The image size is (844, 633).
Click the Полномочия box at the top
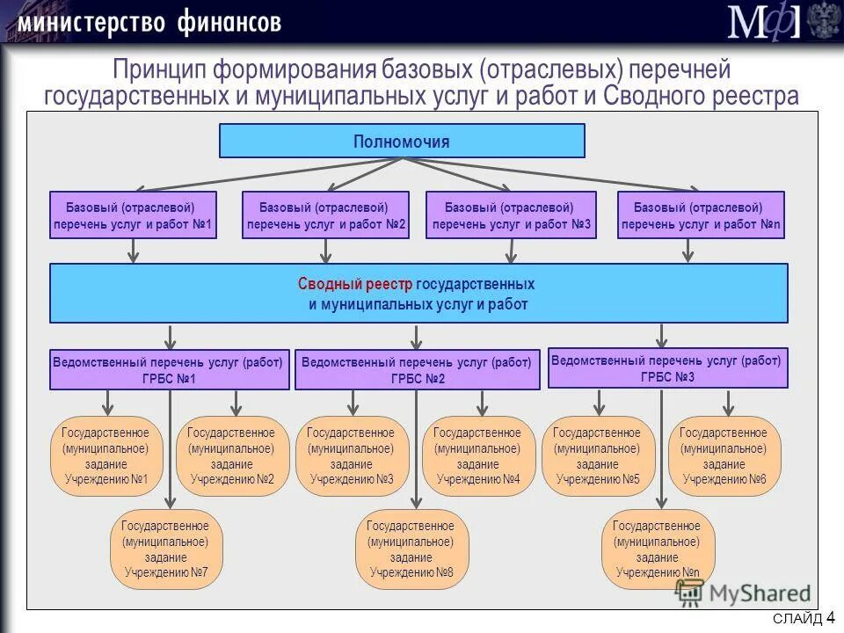pos(401,141)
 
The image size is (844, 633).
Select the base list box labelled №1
pos(133,215)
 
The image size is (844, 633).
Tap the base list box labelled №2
pos(325,215)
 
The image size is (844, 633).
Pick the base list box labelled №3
pos(510,215)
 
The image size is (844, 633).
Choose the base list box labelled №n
pos(701,215)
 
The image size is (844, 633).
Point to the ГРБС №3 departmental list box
pos(668,367)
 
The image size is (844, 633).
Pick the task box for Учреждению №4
pos(478,456)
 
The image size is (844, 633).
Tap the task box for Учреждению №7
pos(166,549)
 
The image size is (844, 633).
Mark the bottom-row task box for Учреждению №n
pos(658,549)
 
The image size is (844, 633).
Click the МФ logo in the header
pos(763,21)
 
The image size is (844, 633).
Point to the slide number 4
pos(831,617)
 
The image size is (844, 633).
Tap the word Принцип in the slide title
pos(157,69)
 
